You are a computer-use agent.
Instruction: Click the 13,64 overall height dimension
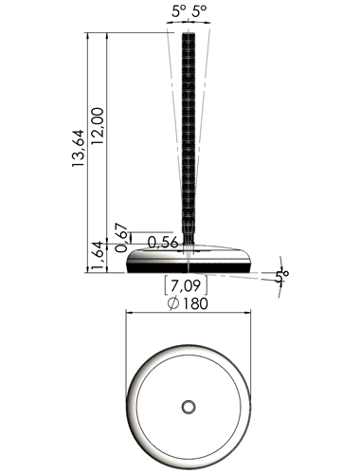(79, 148)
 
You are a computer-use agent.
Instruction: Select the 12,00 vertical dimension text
(98, 126)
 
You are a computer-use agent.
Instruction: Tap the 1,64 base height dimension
(97, 257)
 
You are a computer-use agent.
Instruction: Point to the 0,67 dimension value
(121, 238)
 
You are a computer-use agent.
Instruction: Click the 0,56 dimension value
(163, 243)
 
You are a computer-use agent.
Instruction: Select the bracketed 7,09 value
(186, 285)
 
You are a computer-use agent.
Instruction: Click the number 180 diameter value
(195, 303)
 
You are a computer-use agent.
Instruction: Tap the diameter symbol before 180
(173, 303)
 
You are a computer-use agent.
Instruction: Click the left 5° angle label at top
(179, 11)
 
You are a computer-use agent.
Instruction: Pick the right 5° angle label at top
(199, 11)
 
